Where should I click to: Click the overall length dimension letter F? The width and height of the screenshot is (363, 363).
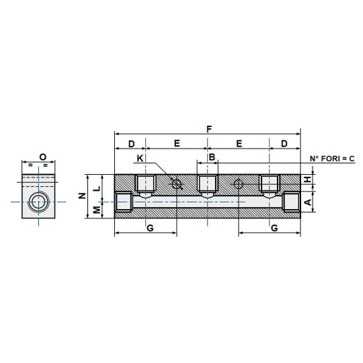coord(208,128)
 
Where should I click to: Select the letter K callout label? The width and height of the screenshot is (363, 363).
coord(140,158)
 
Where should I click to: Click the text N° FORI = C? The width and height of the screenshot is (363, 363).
coord(331,158)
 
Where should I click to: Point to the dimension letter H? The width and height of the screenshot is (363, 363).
coord(307,179)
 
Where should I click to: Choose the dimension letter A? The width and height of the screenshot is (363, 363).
coord(307,202)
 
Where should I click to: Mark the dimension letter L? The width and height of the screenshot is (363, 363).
coord(97,188)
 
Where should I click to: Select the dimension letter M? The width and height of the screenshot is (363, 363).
coord(97,210)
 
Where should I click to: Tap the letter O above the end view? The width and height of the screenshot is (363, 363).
coord(42,157)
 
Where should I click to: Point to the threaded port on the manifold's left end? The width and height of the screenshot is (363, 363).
coord(123,202)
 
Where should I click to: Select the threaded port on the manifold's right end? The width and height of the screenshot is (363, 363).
coord(292,202)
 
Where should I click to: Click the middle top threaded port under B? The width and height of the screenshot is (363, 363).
coord(207,184)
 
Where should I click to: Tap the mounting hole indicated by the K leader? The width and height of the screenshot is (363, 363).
coord(177,184)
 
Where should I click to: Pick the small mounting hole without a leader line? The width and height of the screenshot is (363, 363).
coord(239,184)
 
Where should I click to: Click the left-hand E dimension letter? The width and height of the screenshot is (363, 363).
coord(177,144)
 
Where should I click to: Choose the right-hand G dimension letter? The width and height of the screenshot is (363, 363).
coord(274,228)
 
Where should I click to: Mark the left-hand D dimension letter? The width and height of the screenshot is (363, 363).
coord(131,144)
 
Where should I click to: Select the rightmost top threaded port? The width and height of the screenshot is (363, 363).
coord(269,184)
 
